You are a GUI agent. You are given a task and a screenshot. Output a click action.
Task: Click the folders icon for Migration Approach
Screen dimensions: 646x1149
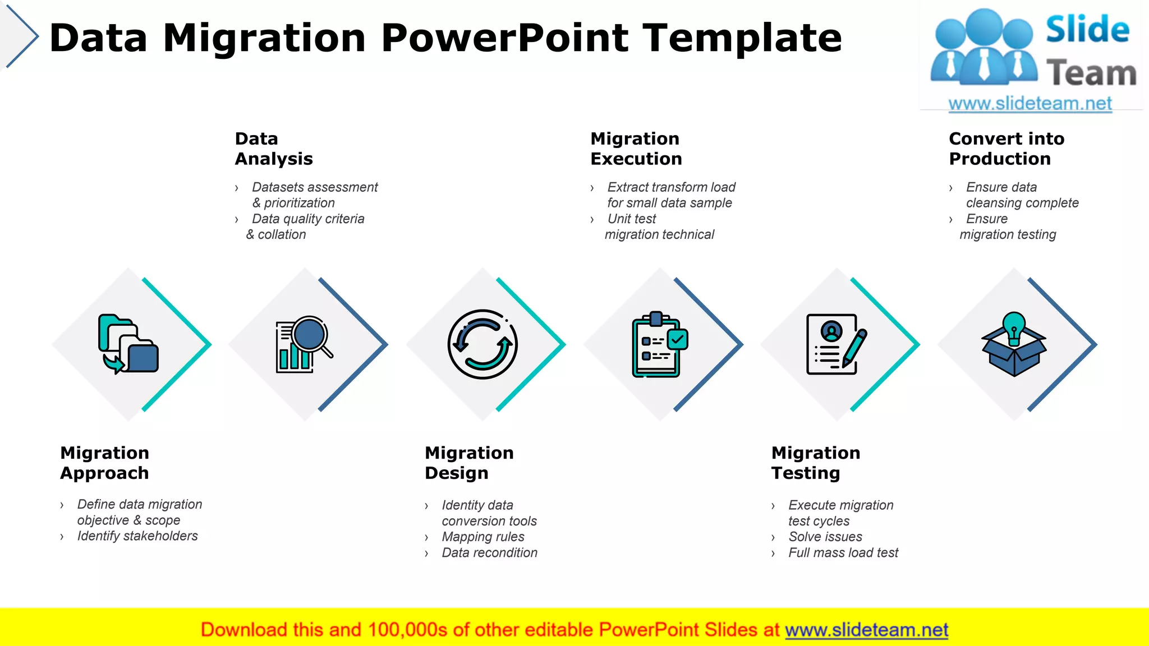[x=128, y=344]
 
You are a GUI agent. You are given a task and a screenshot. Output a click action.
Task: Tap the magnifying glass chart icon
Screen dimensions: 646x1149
[x=304, y=344]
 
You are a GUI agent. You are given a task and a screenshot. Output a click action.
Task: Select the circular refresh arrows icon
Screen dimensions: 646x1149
[x=482, y=344]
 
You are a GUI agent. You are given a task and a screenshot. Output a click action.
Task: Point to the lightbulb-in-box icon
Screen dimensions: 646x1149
[x=1013, y=344]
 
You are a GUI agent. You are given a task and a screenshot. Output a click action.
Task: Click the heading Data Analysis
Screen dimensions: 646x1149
[x=273, y=149]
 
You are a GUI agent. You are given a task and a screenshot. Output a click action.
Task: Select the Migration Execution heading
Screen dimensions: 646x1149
[x=636, y=149]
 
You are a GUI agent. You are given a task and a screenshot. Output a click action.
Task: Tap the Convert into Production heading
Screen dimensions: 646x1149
[x=1006, y=149]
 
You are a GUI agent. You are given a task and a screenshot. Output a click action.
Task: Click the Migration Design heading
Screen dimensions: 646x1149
[x=468, y=463]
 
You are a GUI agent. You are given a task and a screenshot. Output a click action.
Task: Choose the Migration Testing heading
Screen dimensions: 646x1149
[x=815, y=463]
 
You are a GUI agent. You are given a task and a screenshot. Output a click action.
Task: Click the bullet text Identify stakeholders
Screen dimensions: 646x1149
[x=137, y=536]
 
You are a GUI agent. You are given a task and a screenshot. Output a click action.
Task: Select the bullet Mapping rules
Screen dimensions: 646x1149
[x=483, y=537]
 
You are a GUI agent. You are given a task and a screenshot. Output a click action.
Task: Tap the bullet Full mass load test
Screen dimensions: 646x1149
[x=843, y=553]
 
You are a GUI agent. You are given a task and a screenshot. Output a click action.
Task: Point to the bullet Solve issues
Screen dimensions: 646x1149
[x=825, y=537]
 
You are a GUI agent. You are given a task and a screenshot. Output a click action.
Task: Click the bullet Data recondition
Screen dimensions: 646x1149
[x=489, y=553]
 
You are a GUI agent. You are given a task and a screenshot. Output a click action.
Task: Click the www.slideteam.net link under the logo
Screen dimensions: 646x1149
[x=1029, y=104]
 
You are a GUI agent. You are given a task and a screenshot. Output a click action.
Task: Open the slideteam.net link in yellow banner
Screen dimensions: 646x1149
[x=866, y=630]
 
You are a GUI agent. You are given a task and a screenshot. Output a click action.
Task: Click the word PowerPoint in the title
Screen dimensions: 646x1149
[x=504, y=38]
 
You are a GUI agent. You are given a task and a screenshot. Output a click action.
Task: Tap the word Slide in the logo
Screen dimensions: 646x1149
[x=1087, y=29]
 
